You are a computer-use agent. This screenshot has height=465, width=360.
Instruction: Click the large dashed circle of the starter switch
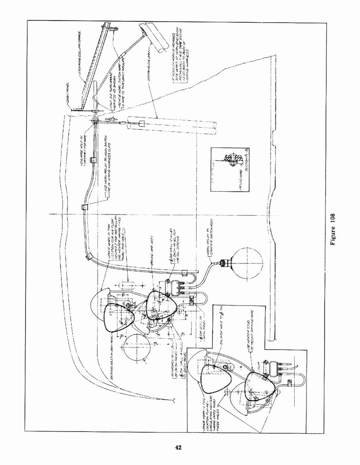(x=246, y=263)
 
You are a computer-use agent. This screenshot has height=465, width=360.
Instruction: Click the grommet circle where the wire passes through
(x=94, y=121)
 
